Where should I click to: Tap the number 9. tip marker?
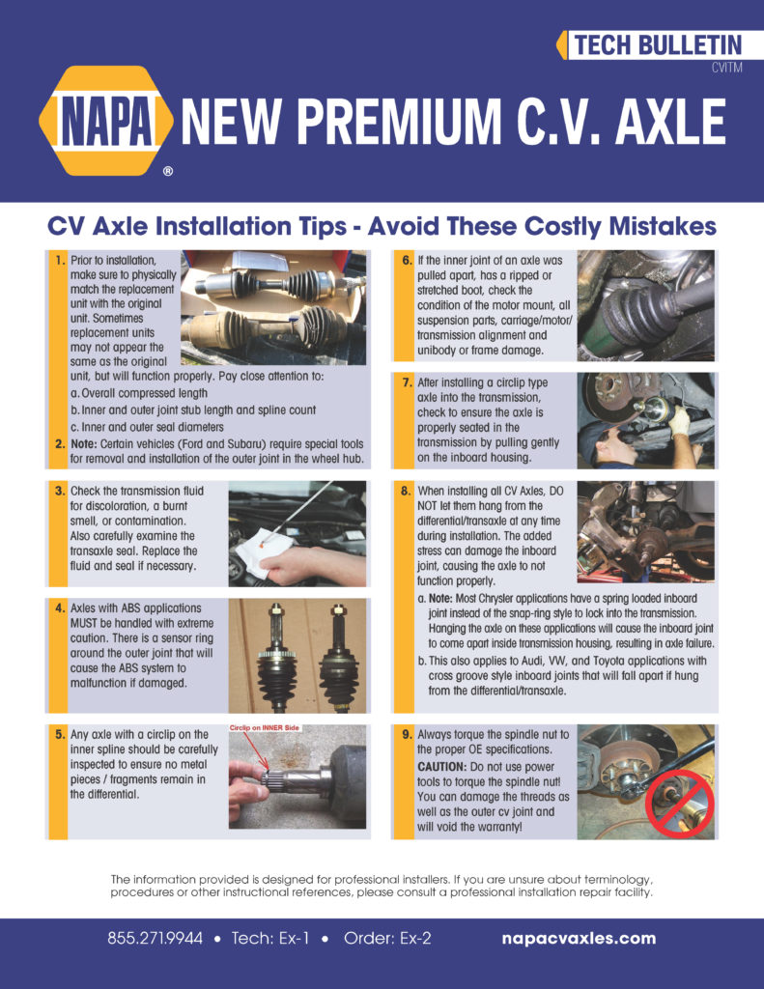[407, 735]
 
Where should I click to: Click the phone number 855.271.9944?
[155, 938]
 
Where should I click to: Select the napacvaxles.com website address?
[580, 938]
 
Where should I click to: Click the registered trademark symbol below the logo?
[168, 172]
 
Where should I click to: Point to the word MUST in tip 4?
[88, 625]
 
